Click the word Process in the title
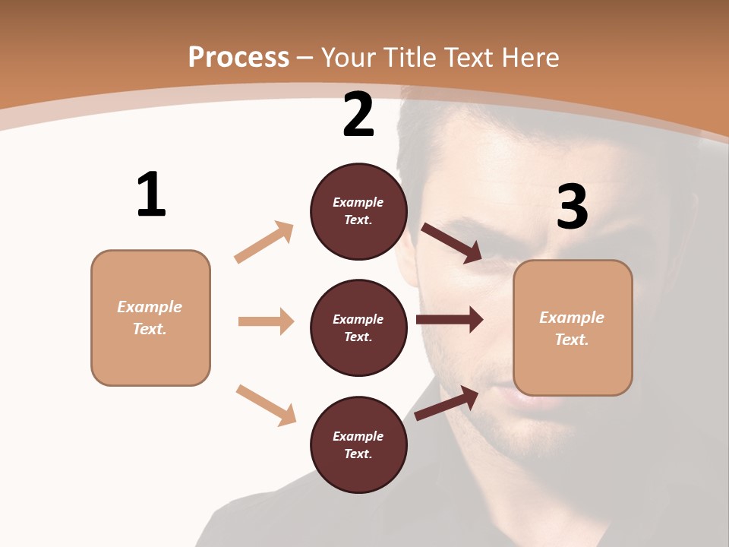point(238,57)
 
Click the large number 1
point(151,195)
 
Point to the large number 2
point(358,115)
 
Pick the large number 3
point(572,207)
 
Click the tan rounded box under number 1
point(150,318)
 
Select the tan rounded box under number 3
point(573,327)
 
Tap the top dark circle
point(358,211)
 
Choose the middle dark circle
point(358,327)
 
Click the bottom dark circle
point(358,444)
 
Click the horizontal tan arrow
point(266,321)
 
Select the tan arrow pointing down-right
point(266,404)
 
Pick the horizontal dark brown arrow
point(450,319)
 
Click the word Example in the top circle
point(358,202)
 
